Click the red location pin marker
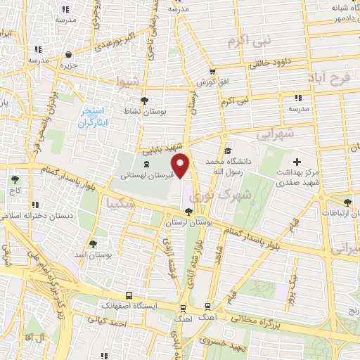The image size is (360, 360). (182, 166)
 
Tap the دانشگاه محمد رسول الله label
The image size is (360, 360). (229, 167)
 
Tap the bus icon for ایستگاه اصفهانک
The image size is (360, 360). (128, 296)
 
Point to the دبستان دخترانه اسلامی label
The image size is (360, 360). (50, 217)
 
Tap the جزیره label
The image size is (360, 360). (67, 65)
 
